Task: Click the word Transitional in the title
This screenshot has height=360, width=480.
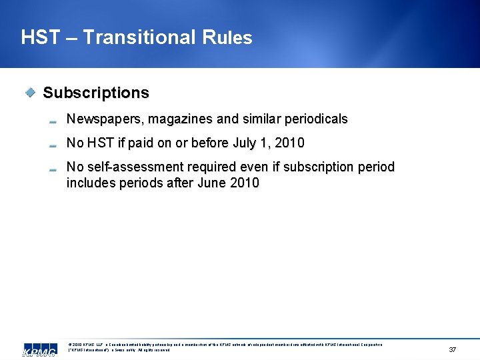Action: [138, 37]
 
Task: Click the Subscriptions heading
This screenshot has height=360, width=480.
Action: [96, 93]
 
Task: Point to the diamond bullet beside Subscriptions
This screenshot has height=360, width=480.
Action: [30, 93]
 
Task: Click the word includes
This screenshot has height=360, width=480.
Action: [91, 183]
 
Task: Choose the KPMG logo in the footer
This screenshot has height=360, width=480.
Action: [39, 349]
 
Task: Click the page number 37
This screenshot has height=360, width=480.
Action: [453, 350]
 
